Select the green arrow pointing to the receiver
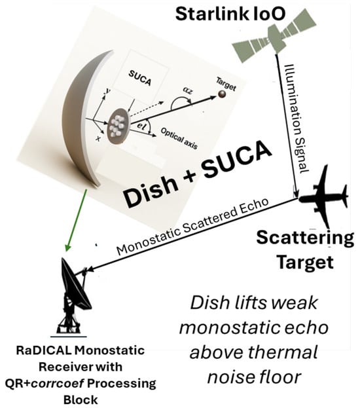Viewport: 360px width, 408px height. click(x=77, y=220)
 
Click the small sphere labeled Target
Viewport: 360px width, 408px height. click(x=222, y=94)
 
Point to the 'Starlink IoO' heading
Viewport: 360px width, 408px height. click(x=230, y=14)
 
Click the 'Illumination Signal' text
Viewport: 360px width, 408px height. click(x=297, y=119)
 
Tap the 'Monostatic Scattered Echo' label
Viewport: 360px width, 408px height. click(x=192, y=227)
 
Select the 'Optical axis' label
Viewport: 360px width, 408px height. click(x=179, y=138)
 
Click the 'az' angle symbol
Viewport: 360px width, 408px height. click(x=188, y=90)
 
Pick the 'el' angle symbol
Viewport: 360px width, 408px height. click(x=141, y=126)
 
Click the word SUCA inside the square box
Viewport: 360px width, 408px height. click(x=139, y=78)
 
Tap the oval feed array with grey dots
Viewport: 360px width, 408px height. click(x=118, y=126)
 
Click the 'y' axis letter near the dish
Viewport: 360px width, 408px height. click(x=107, y=91)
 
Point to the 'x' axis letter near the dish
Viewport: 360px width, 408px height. click(x=98, y=138)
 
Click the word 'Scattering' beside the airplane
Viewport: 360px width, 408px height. click(x=305, y=238)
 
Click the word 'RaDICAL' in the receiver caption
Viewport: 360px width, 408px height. click(x=43, y=350)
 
